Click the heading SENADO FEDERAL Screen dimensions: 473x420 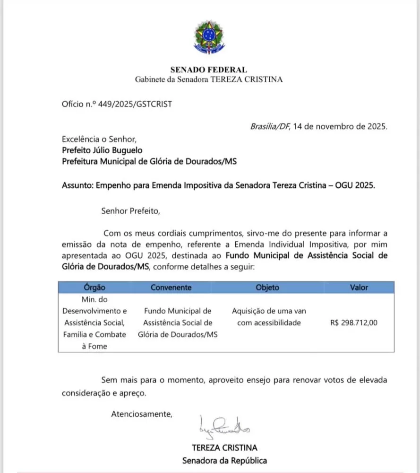209,70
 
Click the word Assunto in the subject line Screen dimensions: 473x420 77,185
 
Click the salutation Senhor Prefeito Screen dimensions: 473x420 131,210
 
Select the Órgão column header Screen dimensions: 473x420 94,287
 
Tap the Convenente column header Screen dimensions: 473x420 171,287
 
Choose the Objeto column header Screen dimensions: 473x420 267,287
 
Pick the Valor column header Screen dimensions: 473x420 359,287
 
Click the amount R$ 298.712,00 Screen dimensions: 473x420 354,323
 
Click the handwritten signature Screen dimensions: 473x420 224,428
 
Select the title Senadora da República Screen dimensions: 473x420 225,460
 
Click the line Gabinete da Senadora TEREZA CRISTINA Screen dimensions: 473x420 209,79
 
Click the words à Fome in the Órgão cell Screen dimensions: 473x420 94,346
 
